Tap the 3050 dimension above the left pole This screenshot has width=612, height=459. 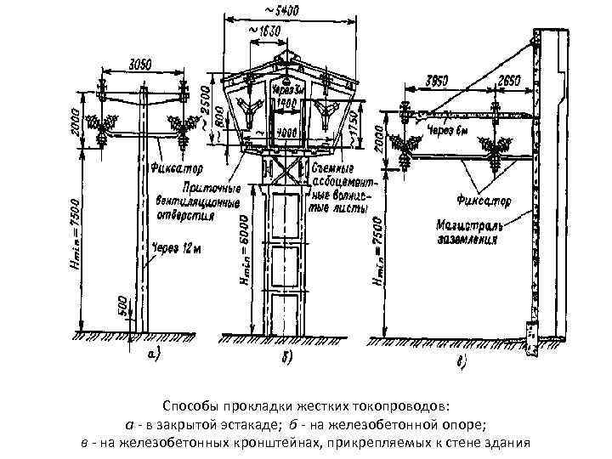[140, 65]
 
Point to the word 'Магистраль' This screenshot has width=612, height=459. [471, 228]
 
